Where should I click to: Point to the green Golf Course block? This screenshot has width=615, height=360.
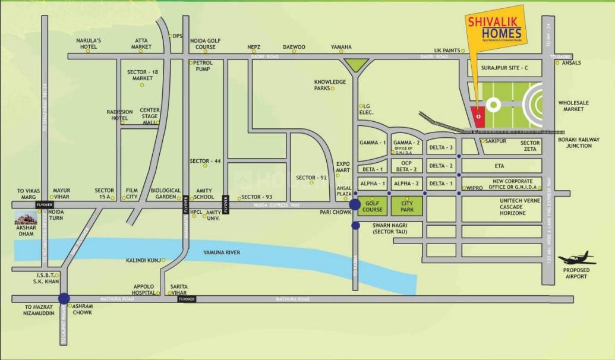373,206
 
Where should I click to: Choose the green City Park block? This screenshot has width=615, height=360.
407,206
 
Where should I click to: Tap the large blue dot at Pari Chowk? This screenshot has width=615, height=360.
355,205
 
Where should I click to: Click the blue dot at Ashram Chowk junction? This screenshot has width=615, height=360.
64,299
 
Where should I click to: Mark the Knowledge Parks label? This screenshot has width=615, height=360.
330,85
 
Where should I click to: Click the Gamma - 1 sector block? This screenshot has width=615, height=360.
373,143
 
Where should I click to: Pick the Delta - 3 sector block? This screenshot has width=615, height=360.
441,147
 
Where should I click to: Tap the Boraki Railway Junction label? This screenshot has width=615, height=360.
578,143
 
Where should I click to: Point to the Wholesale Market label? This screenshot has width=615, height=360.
573,106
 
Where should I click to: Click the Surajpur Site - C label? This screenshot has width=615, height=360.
505,68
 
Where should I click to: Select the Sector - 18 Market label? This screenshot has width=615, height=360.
143,75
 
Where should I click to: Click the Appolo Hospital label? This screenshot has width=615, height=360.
143,288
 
